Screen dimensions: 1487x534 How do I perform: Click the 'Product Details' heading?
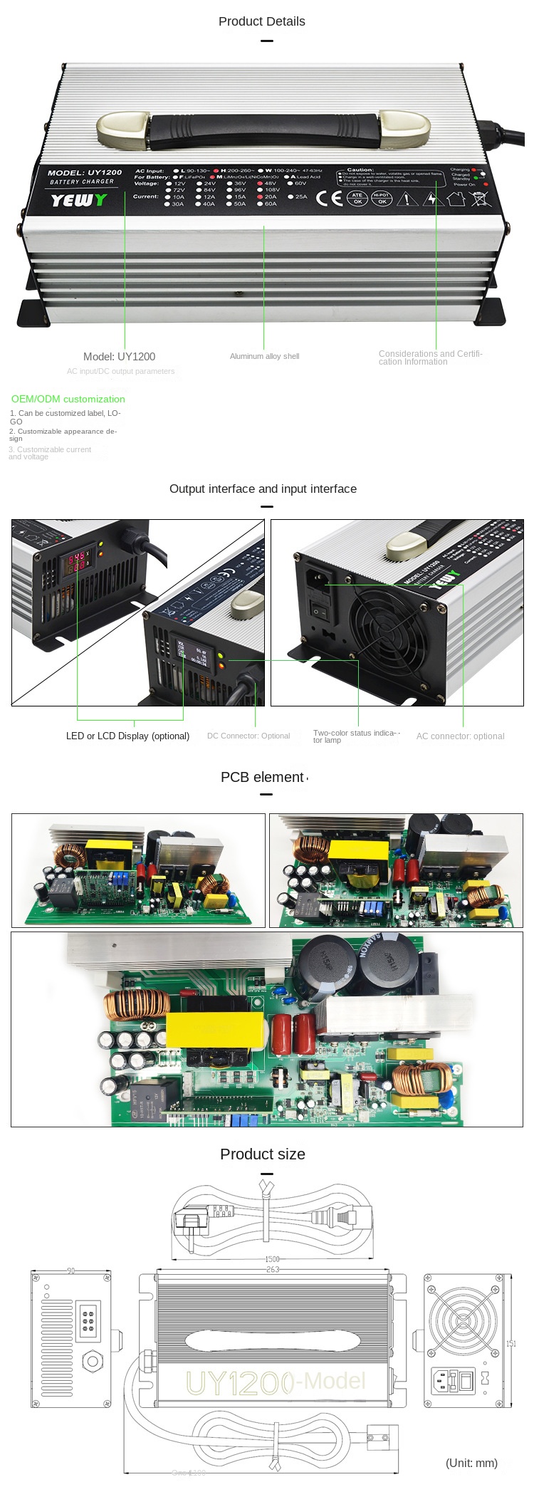[261, 21]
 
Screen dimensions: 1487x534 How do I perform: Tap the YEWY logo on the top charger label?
[78, 200]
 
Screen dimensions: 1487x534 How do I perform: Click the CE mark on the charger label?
[329, 198]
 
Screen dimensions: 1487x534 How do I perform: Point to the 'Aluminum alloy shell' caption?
[264, 356]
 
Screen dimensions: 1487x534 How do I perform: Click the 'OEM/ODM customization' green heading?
[68, 399]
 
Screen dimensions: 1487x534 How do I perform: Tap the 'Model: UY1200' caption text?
[119, 357]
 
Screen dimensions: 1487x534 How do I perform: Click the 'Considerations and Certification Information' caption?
[430, 358]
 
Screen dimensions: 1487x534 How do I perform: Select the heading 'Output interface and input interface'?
[263, 489]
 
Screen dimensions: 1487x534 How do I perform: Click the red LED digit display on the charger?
[76, 560]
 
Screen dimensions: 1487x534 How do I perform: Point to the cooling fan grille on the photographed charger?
[388, 630]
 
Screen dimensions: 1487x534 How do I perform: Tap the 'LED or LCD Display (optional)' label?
[127, 736]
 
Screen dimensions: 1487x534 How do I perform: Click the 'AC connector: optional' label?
[460, 736]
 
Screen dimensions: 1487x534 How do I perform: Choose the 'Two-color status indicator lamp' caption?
[356, 736]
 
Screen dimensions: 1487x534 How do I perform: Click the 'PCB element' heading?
[262, 777]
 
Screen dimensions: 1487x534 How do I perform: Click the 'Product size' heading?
[262, 1154]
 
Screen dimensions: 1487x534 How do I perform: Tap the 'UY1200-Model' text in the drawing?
[276, 1382]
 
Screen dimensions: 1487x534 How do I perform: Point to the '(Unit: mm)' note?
[471, 1463]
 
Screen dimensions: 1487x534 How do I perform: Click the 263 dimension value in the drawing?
[272, 1269]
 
